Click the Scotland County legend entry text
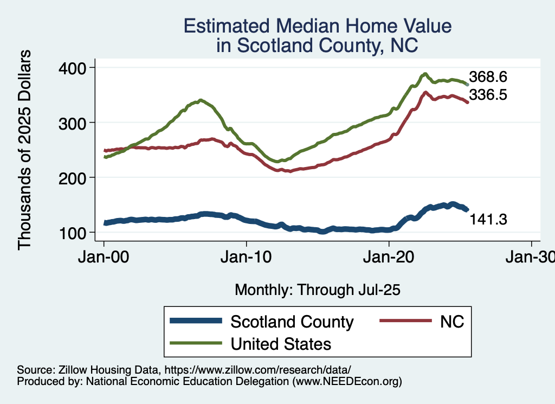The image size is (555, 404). coord(292,322)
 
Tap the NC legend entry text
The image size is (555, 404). coord(452,322)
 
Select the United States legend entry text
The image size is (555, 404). coord(280,343)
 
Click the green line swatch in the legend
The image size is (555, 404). coord(196,343)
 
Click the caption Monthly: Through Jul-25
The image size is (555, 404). coord(317,290)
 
